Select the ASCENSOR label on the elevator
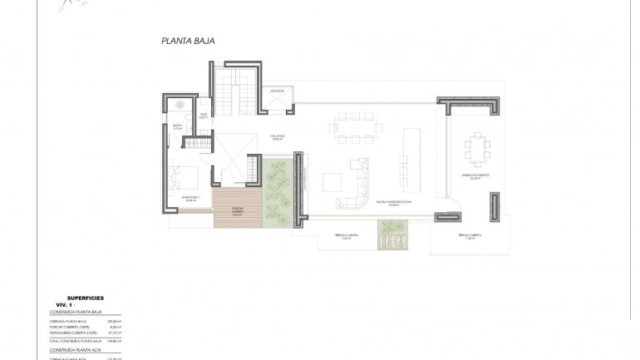click(x=276, y=91)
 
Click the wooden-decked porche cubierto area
click(x=237, y=208)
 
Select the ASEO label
click(x=204, y=117)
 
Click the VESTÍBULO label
click(x=277, y=138)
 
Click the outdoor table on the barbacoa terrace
click(x=478, y=150)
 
